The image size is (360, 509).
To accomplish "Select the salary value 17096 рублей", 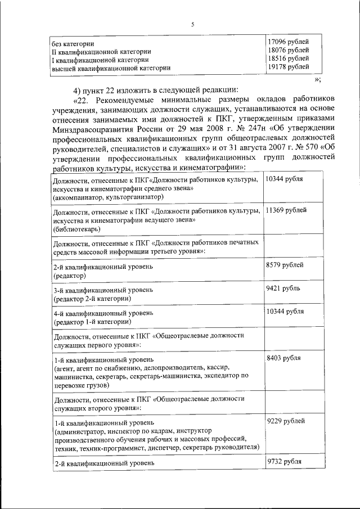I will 287,42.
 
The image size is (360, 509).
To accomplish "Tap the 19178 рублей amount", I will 287,67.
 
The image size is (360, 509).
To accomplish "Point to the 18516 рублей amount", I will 287,58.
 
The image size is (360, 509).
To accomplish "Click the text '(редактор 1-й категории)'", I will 92,322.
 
